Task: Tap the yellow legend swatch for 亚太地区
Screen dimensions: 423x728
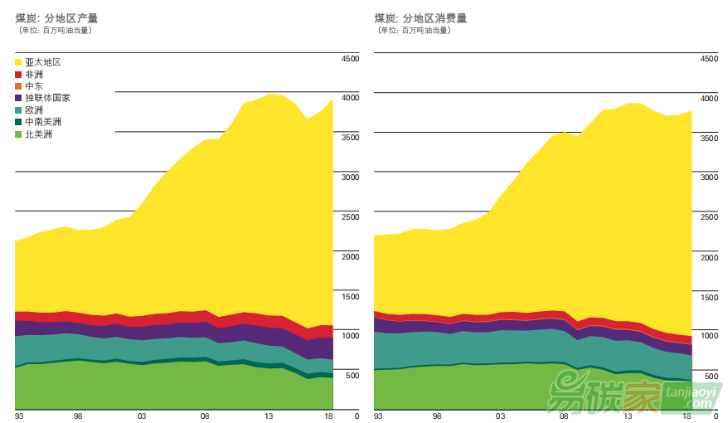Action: (x=18, y=62)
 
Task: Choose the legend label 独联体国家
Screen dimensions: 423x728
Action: (x=47, y=98)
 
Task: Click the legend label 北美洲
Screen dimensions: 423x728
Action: (x=38, y=134)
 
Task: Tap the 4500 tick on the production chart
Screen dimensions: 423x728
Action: (x=350, y=59)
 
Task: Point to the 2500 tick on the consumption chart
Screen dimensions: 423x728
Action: (x=709, y=217)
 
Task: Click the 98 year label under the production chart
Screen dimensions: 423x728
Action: (x=78, y=416)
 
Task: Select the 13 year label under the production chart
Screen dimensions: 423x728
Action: (x=269, y=416)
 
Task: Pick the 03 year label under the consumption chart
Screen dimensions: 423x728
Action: (x=501, y=416)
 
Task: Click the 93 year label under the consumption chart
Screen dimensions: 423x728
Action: (x=378, y=416)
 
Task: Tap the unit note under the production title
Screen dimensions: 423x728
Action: (x=55, y=31)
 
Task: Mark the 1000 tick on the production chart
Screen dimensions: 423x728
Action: (x=350, y=336)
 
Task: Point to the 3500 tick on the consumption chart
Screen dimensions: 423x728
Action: (x=709, y=138)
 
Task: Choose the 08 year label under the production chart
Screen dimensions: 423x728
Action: (x=205, y=416)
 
